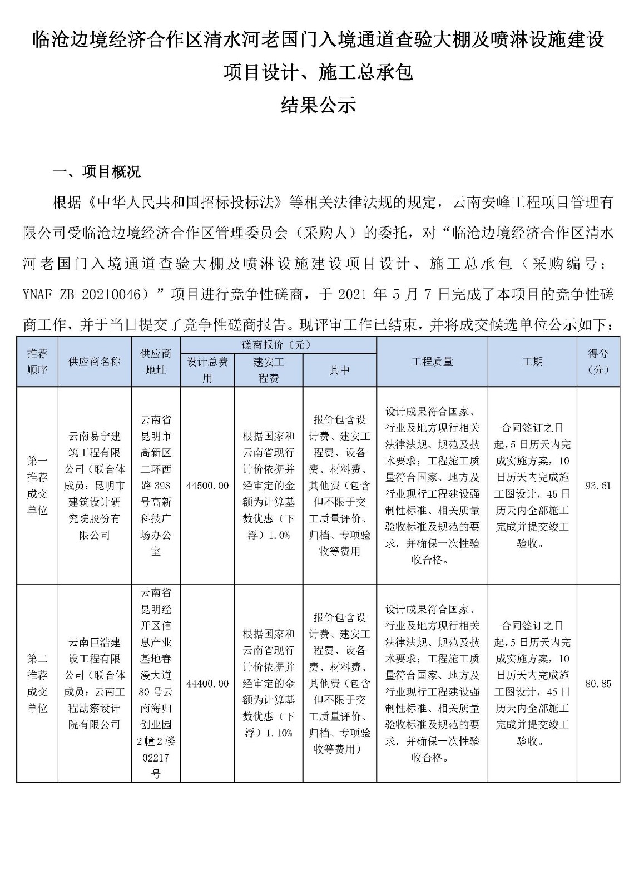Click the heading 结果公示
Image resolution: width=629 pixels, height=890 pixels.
tap(318, 105)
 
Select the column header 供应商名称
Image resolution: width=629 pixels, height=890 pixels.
tap(95, 362)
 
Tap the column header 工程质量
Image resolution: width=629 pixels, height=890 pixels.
tap(432, 362)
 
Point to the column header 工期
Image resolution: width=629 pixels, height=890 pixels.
tap(532, 362)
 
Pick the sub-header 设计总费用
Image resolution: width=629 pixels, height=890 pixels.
tap(207, 370)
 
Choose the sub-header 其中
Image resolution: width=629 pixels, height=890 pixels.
tap(339, 370)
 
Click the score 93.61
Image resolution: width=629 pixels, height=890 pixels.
tap(598, 486)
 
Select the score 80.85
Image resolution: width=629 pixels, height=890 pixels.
tap(598, 684)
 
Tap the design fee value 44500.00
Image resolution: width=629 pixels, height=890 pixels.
tap(207, 486)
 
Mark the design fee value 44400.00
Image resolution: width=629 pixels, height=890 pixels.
tap(207, 684)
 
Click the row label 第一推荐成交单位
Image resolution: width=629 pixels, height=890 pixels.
tap(37, 486)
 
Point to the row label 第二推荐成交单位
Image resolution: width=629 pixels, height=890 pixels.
tap(37, 684)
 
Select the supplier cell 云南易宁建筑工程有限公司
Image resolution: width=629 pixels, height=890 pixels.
tap(95, 486)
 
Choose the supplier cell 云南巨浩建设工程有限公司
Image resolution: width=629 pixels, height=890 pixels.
tap(95, 684)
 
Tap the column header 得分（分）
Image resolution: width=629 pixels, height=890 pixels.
tap(598, 362)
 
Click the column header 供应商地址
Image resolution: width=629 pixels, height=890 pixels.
tap(156, 362)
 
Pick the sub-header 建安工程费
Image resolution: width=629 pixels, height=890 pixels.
tap(269, 370)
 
